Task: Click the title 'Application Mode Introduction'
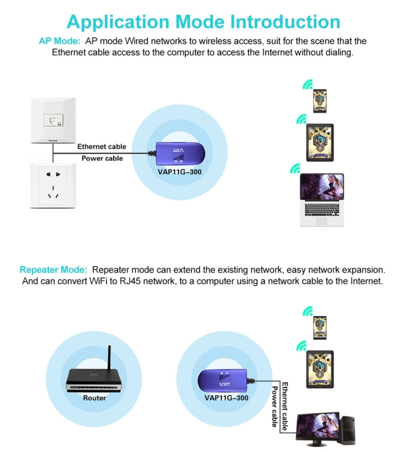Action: (x=203, y=22)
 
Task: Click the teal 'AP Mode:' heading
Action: (x=59, y=41)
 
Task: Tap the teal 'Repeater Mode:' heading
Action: (x=53, y=270)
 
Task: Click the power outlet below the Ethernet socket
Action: (x=53, y=185)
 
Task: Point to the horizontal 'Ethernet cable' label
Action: (x=101, y=146)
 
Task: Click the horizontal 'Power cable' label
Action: (x=102, y=158)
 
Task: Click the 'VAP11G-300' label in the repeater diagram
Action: (x=226, y=397)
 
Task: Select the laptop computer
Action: (x=321, y=199)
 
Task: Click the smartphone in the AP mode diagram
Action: (x=320, y=101)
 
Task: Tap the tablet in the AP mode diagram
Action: (x=320, y=143)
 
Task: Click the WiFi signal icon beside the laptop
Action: (x=295, y=168)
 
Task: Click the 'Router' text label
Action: (x=95, y=397)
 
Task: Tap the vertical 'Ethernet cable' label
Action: (x=285, y=406)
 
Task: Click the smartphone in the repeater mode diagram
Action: (x=319, y=327)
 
